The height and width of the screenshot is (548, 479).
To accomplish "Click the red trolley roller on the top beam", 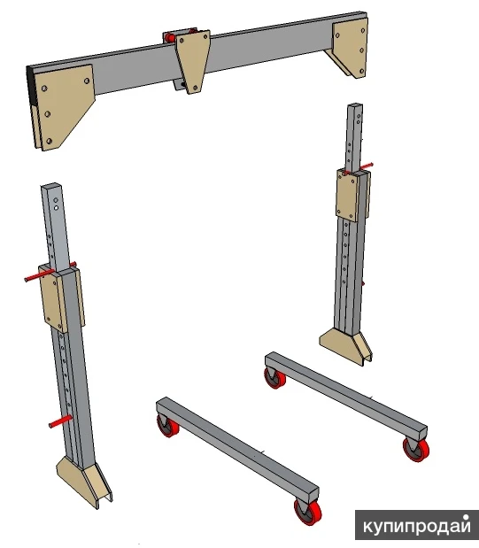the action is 170,36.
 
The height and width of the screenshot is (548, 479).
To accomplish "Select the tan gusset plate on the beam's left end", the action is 63,104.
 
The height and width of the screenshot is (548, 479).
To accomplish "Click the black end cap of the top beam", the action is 32,86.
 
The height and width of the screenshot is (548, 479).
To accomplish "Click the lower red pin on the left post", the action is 60,421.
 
